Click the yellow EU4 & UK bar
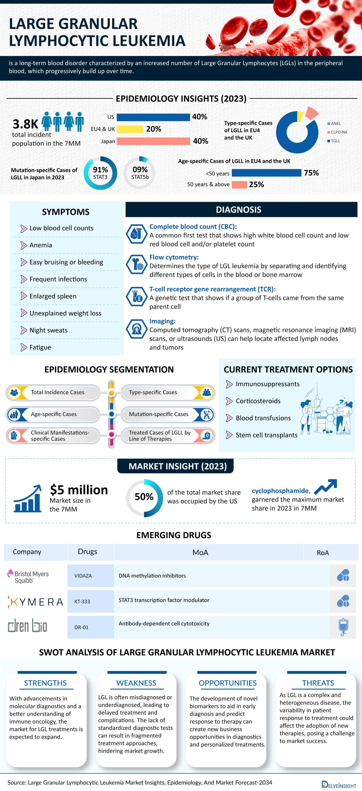tap(130, 129)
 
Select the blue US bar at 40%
tap(153, 117)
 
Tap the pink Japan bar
tap(153, 141)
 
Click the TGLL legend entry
tap(335, 141)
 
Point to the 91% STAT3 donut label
tap(100, 173)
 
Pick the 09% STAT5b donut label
tap(140, 173)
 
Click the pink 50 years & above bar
tap(239, 185)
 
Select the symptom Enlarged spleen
tap(53, 296)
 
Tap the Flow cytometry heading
tap(174, 257)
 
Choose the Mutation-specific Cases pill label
tap(159, 414)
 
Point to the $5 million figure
tap(79, 490)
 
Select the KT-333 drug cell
tap(82, 602)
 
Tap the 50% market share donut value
tap(144, 497)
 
